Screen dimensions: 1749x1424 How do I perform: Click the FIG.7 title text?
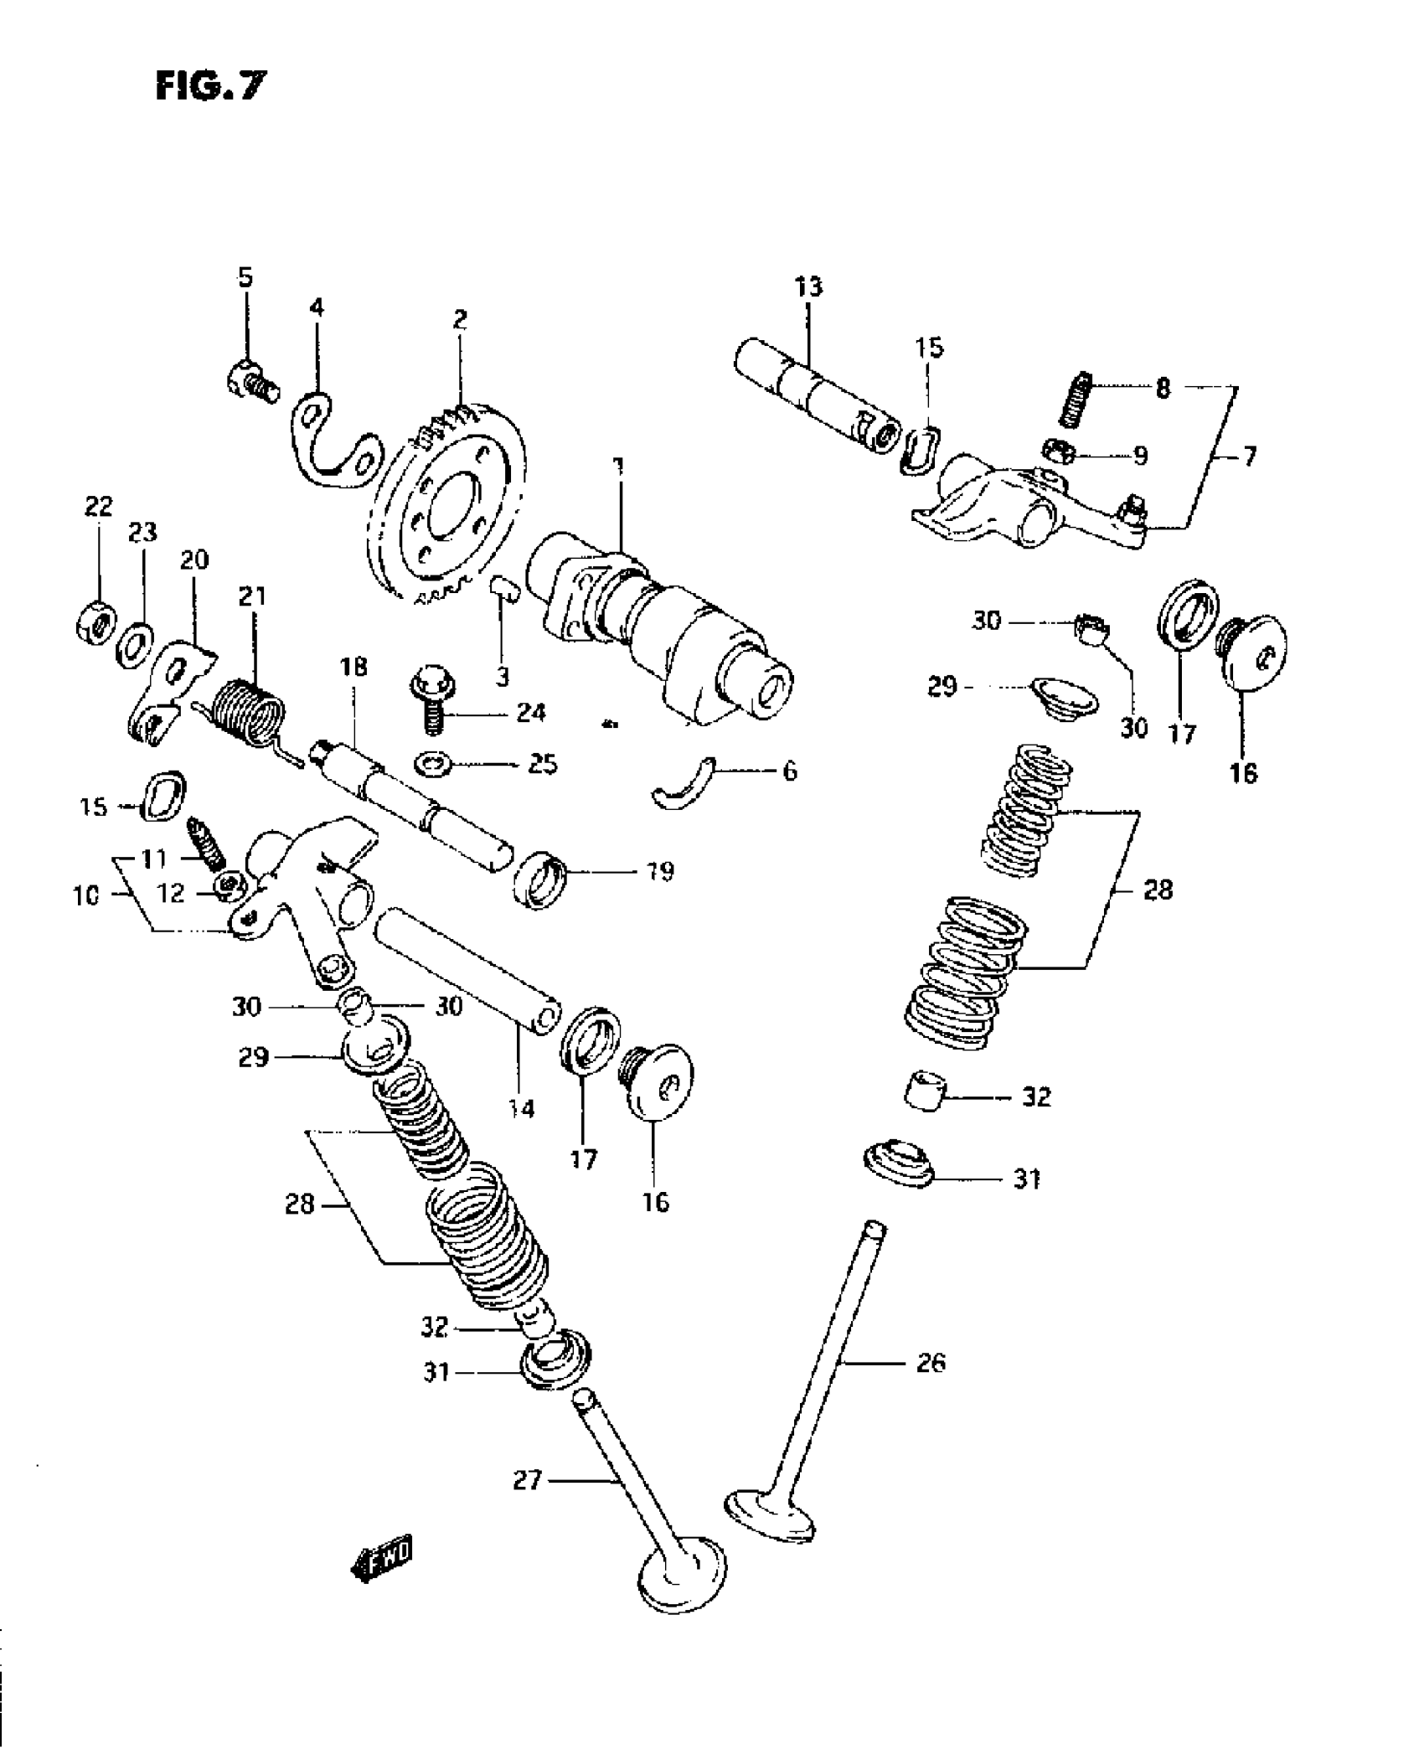point(212,85)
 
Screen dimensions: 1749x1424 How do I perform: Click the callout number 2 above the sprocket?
point(460,319)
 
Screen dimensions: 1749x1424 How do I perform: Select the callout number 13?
point(808,286)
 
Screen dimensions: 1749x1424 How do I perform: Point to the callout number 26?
point(930,1363)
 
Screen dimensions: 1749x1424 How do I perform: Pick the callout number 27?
point(529,1482)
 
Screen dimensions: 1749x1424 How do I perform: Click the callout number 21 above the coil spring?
point(252,596)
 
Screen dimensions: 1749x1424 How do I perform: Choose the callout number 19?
point(660,871)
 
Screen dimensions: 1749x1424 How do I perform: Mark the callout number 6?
point(789,771)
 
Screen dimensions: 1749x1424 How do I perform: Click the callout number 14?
point(521,1108)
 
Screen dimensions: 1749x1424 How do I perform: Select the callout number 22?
point(98,506)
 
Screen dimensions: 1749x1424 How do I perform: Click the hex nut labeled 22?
point(95,624)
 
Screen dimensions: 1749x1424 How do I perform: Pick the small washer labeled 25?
point(433,764)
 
